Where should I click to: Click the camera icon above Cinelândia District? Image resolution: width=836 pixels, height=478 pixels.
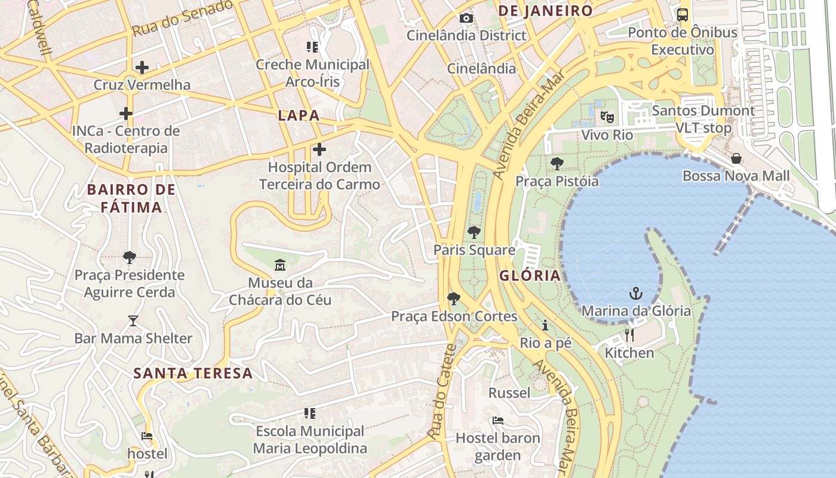(466, 19)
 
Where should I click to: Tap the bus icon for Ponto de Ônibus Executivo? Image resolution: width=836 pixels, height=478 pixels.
(683, 15)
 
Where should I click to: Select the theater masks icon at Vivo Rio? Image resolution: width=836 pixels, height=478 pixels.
(607, 117)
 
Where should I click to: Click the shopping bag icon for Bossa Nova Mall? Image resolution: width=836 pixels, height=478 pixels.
(736, 158)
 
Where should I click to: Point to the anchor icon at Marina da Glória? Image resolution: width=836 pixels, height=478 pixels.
(636, 293)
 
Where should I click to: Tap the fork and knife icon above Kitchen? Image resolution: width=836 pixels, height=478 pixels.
(629, 335)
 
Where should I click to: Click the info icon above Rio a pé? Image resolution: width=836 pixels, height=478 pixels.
(545, 326)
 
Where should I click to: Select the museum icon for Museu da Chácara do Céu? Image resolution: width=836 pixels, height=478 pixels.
(280, 265)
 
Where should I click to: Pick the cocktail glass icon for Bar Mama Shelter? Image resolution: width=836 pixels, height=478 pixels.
(133, 321)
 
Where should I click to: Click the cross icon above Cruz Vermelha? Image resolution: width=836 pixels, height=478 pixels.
(142, 68)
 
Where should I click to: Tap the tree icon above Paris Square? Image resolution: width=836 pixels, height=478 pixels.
(474, 232)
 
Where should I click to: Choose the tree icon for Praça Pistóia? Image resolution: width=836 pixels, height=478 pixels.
(557, 163)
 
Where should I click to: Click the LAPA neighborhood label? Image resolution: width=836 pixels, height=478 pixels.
(299, 116)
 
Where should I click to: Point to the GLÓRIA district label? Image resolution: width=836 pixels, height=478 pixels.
(530, 275)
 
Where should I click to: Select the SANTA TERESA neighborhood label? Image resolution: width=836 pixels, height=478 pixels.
(193, 373)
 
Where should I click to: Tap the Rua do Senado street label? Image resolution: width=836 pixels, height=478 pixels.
(182, 18)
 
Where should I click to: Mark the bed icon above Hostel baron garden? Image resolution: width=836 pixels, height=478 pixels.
(497, 421)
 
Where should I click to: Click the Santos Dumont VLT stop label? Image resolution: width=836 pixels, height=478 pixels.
(703, 119)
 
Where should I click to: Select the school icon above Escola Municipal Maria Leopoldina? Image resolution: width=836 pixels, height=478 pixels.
(309, 413)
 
